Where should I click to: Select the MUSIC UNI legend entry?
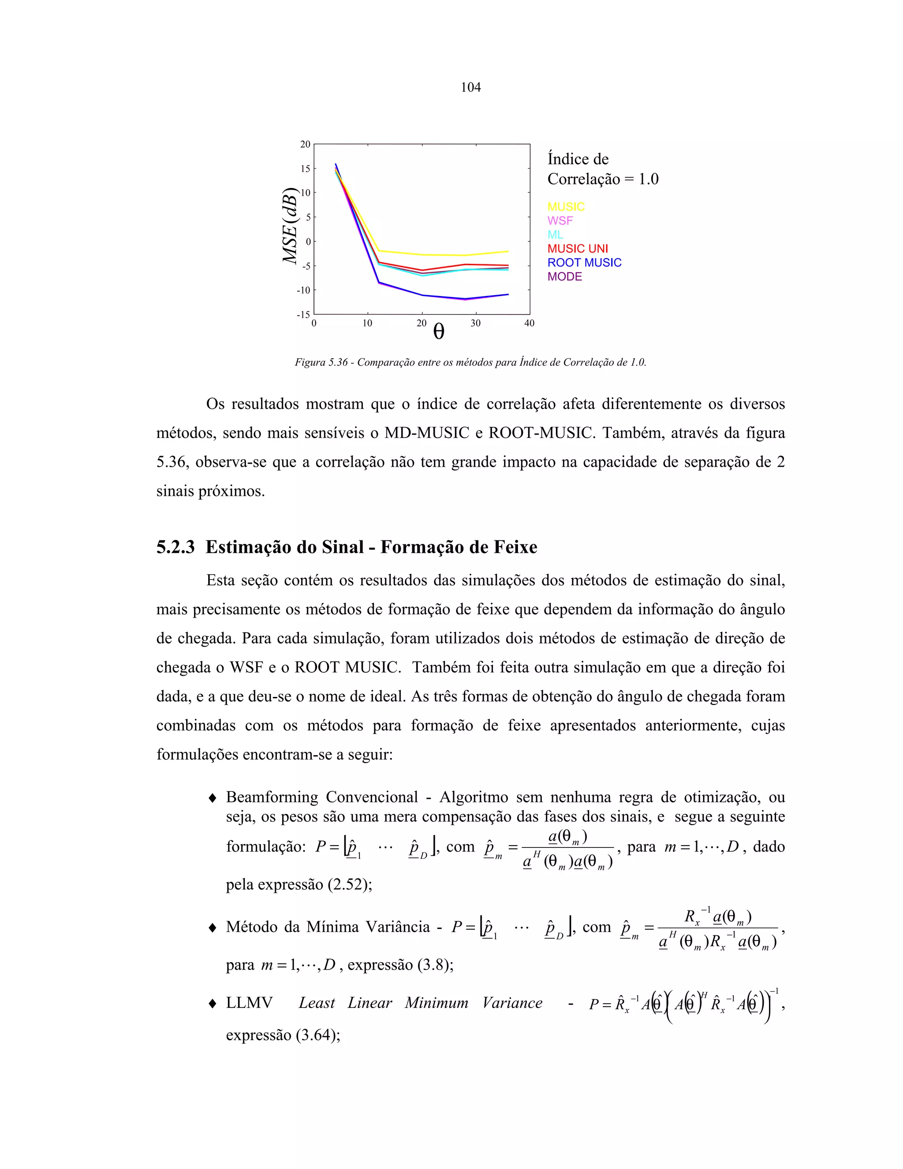point(577,248)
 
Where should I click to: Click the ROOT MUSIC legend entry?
point(584,262)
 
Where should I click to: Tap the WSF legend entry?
point(560,221)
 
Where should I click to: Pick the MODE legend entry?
point(564,276)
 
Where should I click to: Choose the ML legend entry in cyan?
point(555,234)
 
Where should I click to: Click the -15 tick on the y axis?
point(303,314)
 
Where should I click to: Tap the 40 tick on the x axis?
point(529,323)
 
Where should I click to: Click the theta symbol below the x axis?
point(438,332)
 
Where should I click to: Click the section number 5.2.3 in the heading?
point(175,547)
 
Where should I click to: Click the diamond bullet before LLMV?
point(213,1003)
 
